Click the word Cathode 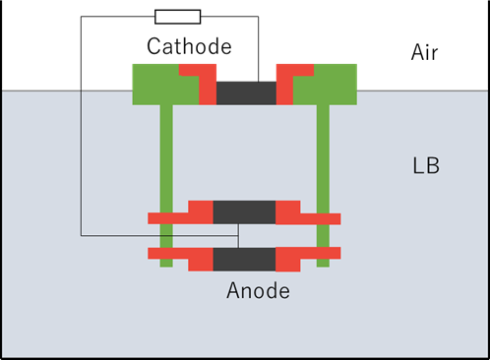coord(189,46)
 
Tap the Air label coord(424,52)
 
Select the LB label coord(426,165)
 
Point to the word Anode coord(258,290)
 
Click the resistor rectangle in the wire coord(177,17)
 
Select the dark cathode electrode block coord(246,93)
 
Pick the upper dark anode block coord(244,212)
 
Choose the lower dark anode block coord(244,260)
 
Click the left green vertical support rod coord(166,186)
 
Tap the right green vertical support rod coord(323,186)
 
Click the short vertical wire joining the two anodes coord(238,236)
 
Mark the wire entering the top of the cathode coord(258,49)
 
